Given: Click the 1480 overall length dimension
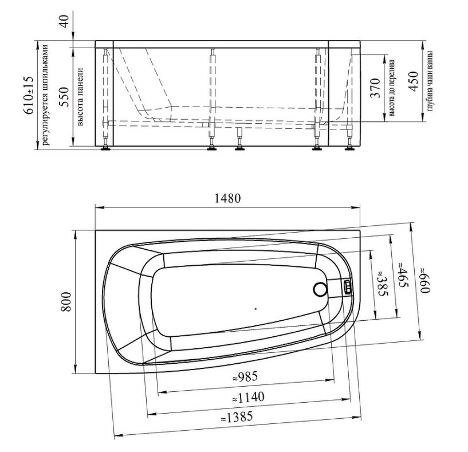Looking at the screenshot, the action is [x=227, y=198].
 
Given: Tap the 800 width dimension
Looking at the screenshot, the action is [x=66, y=302].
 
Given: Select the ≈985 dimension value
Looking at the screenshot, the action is [x=245, y=377].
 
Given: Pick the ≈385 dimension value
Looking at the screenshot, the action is [x=383, y=284].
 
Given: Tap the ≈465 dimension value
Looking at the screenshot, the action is [x=403, y=274].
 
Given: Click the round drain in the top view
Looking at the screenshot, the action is [x=320, y=289].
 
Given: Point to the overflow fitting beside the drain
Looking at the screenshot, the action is [x=347, y=287].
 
